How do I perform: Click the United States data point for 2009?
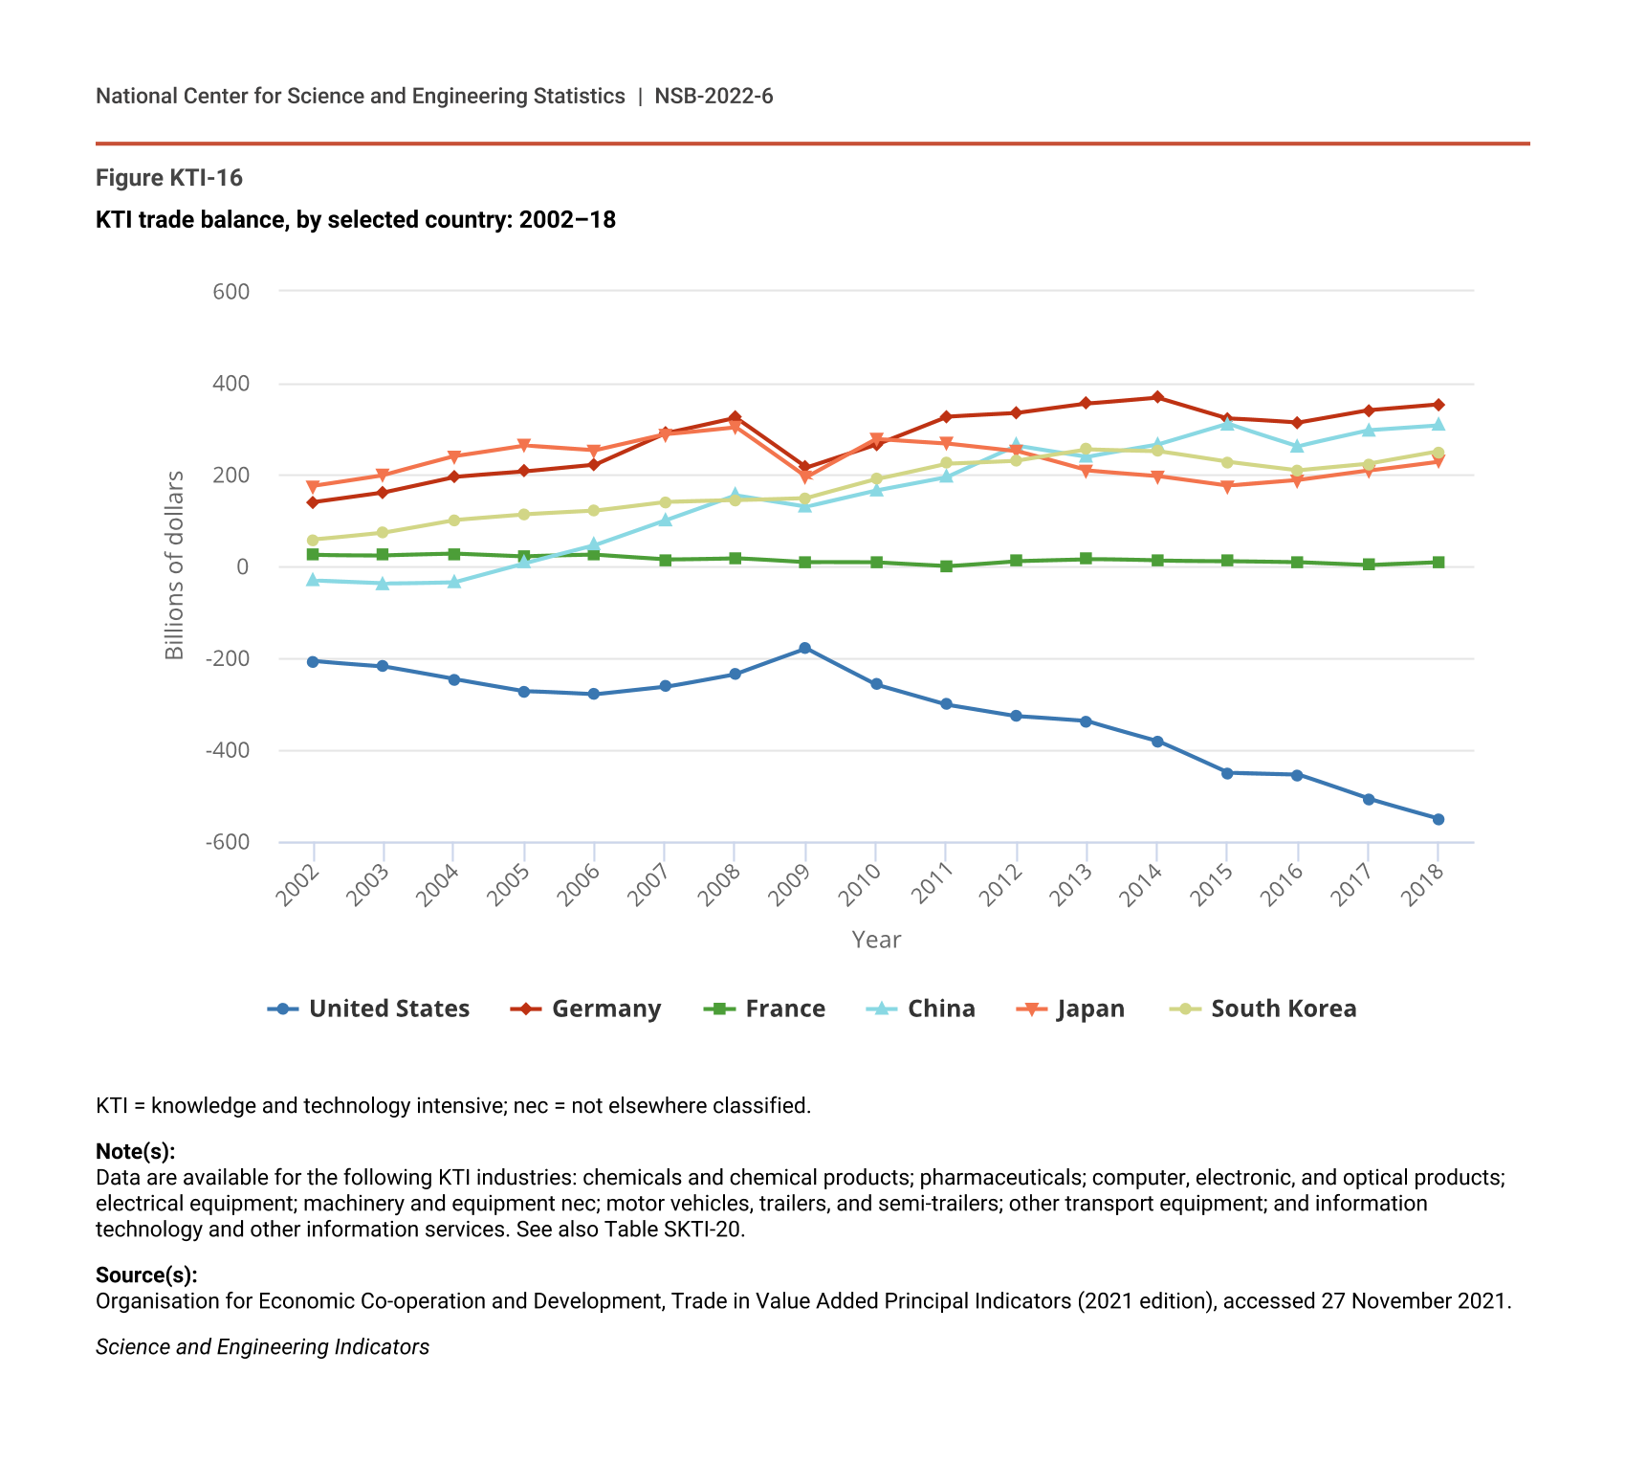point(805,649)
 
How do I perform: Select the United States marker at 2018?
point(1438,819)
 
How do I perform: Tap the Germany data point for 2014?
point(1157,397)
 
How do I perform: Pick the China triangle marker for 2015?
point(1227,423)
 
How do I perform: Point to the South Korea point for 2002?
point(313,540)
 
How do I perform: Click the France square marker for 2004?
point(453,554)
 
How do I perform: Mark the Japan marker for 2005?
point(524,446)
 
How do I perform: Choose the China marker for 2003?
point(383,583)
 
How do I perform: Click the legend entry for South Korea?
point(1263,1009)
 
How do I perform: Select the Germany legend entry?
point(586,1009)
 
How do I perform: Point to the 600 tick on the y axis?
point(231,292)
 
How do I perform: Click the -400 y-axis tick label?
point(228,751)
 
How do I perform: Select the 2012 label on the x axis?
point(1001,884)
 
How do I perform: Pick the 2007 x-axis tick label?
point(649,884)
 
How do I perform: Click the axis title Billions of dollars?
point(174,565)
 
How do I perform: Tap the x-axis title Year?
point(876,941)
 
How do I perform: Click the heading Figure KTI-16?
point(169,178)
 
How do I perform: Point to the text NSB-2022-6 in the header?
point(714,97)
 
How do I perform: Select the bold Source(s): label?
point(146,1275)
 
